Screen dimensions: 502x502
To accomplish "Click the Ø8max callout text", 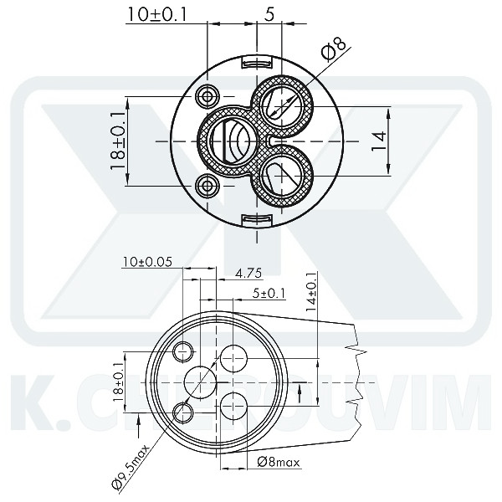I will click(x=279, y=461).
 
